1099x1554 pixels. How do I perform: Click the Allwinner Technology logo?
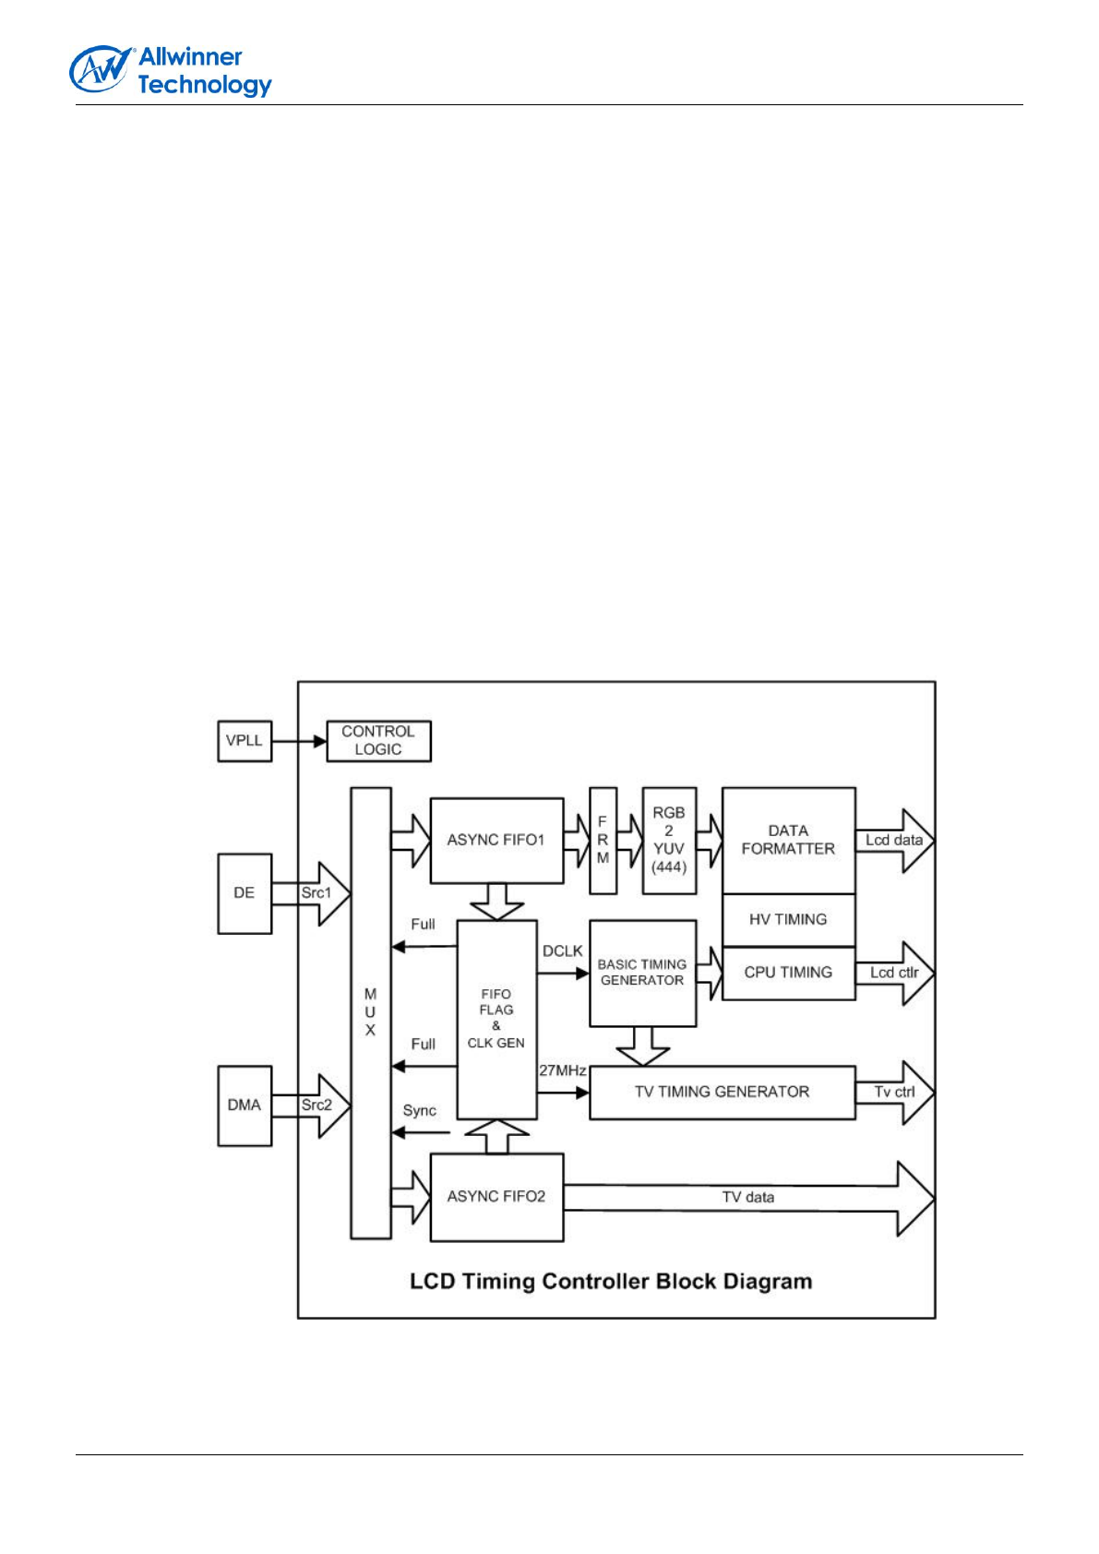coord(171,71)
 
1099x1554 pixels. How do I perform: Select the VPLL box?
coord(245,741)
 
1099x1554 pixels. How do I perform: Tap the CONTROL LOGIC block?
coord(378,741)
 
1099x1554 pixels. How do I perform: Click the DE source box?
coord(245,893)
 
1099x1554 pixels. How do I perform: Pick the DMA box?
coord(245,1106)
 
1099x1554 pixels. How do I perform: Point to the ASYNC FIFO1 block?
coord(496,841)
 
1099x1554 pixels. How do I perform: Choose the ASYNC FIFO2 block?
coord(496,1197)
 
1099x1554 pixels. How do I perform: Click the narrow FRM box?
coord(603,841)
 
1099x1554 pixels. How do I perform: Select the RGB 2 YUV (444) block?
coord(669,841)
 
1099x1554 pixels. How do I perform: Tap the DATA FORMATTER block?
coord(788,841)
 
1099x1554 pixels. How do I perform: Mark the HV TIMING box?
coord(788,920)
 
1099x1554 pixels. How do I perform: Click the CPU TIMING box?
coord(788,973)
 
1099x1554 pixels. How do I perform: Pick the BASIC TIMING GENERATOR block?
coord(642,973)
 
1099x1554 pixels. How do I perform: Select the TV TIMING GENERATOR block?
coord(722,1093)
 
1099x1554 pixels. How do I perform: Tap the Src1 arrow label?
coord(316,893)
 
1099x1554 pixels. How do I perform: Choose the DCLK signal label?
coord(562,951)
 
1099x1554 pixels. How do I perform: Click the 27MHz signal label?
coord(562,1071)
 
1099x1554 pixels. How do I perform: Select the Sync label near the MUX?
coord(419,1111)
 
